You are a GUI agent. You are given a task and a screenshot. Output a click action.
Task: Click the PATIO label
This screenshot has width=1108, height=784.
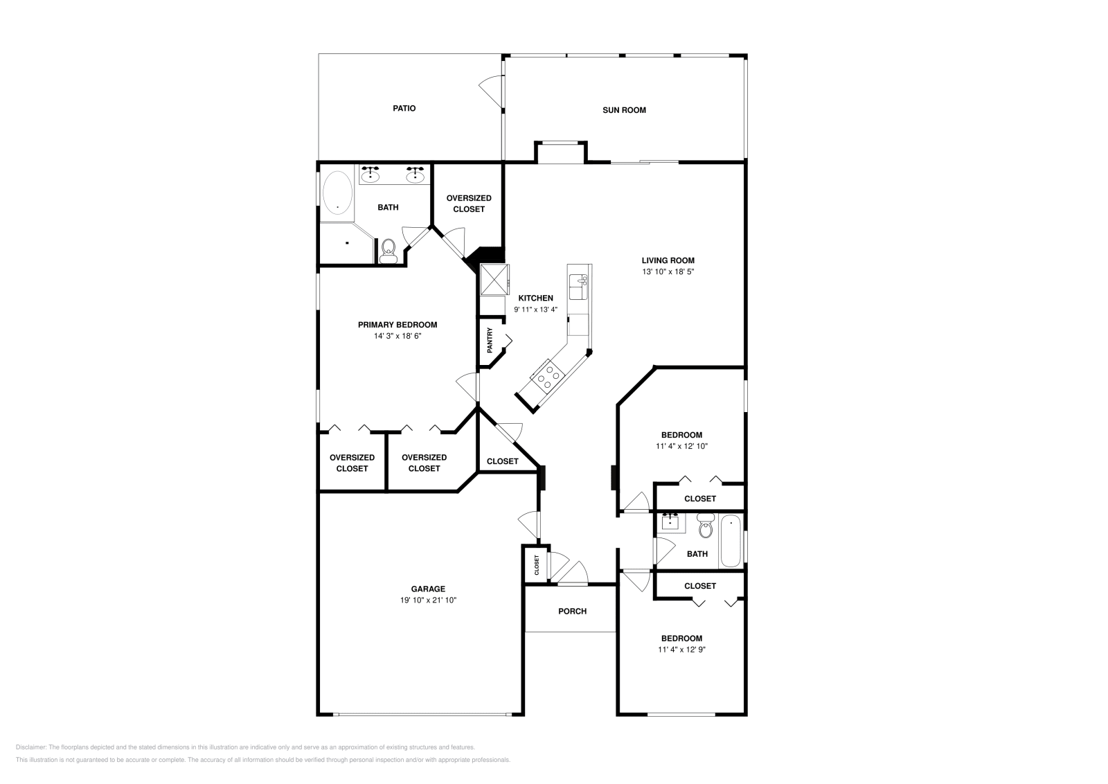[x=404, y=108]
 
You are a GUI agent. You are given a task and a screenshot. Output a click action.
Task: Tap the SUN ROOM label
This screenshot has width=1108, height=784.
[x=624, y=110]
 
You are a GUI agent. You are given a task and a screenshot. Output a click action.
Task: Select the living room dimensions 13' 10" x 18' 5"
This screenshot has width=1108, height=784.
[x=668, y=271]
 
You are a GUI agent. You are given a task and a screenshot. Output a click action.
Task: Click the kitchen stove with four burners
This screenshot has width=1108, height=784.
[x=548, y=377]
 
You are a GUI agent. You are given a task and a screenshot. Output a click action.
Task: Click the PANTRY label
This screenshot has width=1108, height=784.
[x=490, y=340]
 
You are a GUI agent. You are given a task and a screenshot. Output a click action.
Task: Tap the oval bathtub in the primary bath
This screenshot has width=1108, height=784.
[x=337, y=193]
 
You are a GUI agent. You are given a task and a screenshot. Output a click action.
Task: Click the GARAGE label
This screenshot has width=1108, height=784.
[x=428, y=589]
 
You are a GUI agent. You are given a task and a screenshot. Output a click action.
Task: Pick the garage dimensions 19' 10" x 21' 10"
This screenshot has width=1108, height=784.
[x=428, y=600]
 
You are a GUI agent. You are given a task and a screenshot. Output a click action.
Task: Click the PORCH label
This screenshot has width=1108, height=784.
[x=572, y=612]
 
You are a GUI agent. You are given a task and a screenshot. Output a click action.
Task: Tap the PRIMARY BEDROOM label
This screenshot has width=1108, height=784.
[x=397, y=325]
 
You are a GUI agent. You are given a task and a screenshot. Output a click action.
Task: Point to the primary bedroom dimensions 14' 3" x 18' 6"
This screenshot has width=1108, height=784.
[x=397, y=337]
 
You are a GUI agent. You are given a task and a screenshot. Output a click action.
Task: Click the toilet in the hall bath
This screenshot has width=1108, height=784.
[x=706, y=526]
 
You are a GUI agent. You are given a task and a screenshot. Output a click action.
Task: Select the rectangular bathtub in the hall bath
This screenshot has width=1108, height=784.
[x=731, y=541]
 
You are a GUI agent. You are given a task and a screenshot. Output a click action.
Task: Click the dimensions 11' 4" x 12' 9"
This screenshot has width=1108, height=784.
[x=681, y=650]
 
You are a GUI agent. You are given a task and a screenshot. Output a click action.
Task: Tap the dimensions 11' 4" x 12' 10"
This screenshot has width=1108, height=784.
[x=681, y=446]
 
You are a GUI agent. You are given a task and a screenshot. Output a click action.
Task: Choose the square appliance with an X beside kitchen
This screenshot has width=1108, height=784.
[x=494, y=280]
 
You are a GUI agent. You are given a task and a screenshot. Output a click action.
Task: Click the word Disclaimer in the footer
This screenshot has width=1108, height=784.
[x=30, y=747]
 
